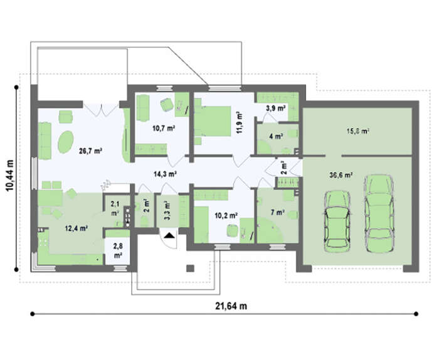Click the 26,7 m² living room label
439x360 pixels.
click(x=90, y=151)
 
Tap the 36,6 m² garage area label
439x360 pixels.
click(x=341, y=175)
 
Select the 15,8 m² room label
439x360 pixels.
click(x=358, y=130)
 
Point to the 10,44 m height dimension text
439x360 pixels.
click(x=10, y=176)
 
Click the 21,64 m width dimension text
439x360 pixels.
click(x=231, y=306)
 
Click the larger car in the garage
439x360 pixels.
click(x=379, y=213)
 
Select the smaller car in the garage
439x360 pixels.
click(x=337, y=220)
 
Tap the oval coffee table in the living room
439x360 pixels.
click(x=66, y=142)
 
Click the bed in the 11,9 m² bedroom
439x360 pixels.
click(x=213, y=121)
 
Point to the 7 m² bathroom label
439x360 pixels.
click(x=277, y=213)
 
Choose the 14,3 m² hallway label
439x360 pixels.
click(x=165, y=174)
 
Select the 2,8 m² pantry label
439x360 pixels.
click(x=118, y=251)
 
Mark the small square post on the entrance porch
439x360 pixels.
click(x=191, y=268)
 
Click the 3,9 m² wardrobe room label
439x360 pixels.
click(x=276, y=108)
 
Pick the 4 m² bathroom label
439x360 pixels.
click(x=276, y=136)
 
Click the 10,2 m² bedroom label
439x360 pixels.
click(x=226, y=215)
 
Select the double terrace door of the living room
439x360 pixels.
click(x=101, y=110)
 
